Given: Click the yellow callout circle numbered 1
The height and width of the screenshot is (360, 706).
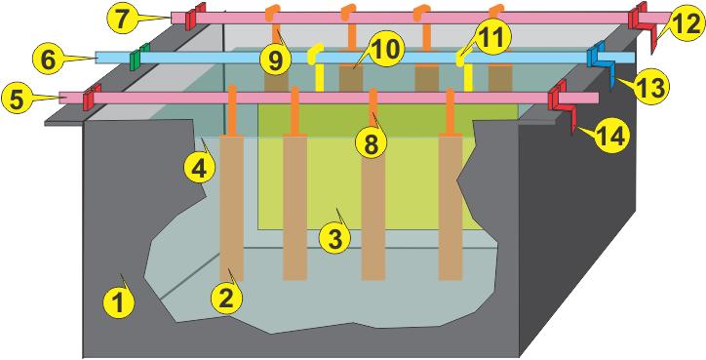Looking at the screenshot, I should (119, 303).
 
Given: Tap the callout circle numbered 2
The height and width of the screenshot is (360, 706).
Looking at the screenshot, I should (226, 297).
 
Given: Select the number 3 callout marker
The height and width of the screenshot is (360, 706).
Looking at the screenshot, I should (334, 237).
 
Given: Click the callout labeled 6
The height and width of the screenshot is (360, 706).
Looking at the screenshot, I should (45, 59).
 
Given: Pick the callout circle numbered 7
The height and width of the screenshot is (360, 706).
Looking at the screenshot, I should (122, 17).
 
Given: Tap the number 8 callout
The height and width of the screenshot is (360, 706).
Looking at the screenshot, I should (371, 141).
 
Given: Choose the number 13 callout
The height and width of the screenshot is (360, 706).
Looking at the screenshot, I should (648, 86).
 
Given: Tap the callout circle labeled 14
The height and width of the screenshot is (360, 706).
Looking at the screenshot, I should (611, 137).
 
